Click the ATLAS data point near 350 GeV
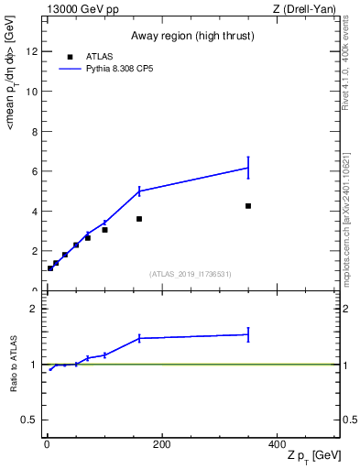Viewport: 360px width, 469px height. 248,206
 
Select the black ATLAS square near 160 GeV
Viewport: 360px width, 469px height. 139,219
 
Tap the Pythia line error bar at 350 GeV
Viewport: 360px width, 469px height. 248,168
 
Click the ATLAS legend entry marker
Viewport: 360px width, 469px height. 71,55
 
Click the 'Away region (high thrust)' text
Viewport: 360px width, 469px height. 191,36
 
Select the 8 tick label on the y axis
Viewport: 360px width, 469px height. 36,131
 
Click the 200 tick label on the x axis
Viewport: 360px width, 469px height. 161,444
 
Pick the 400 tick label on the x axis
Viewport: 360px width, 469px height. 277,444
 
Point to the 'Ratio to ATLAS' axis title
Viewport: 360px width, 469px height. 14,365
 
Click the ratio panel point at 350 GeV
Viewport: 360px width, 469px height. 248,334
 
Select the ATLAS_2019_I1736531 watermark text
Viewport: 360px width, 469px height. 191,274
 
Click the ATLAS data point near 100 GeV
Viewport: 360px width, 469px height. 105,230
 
